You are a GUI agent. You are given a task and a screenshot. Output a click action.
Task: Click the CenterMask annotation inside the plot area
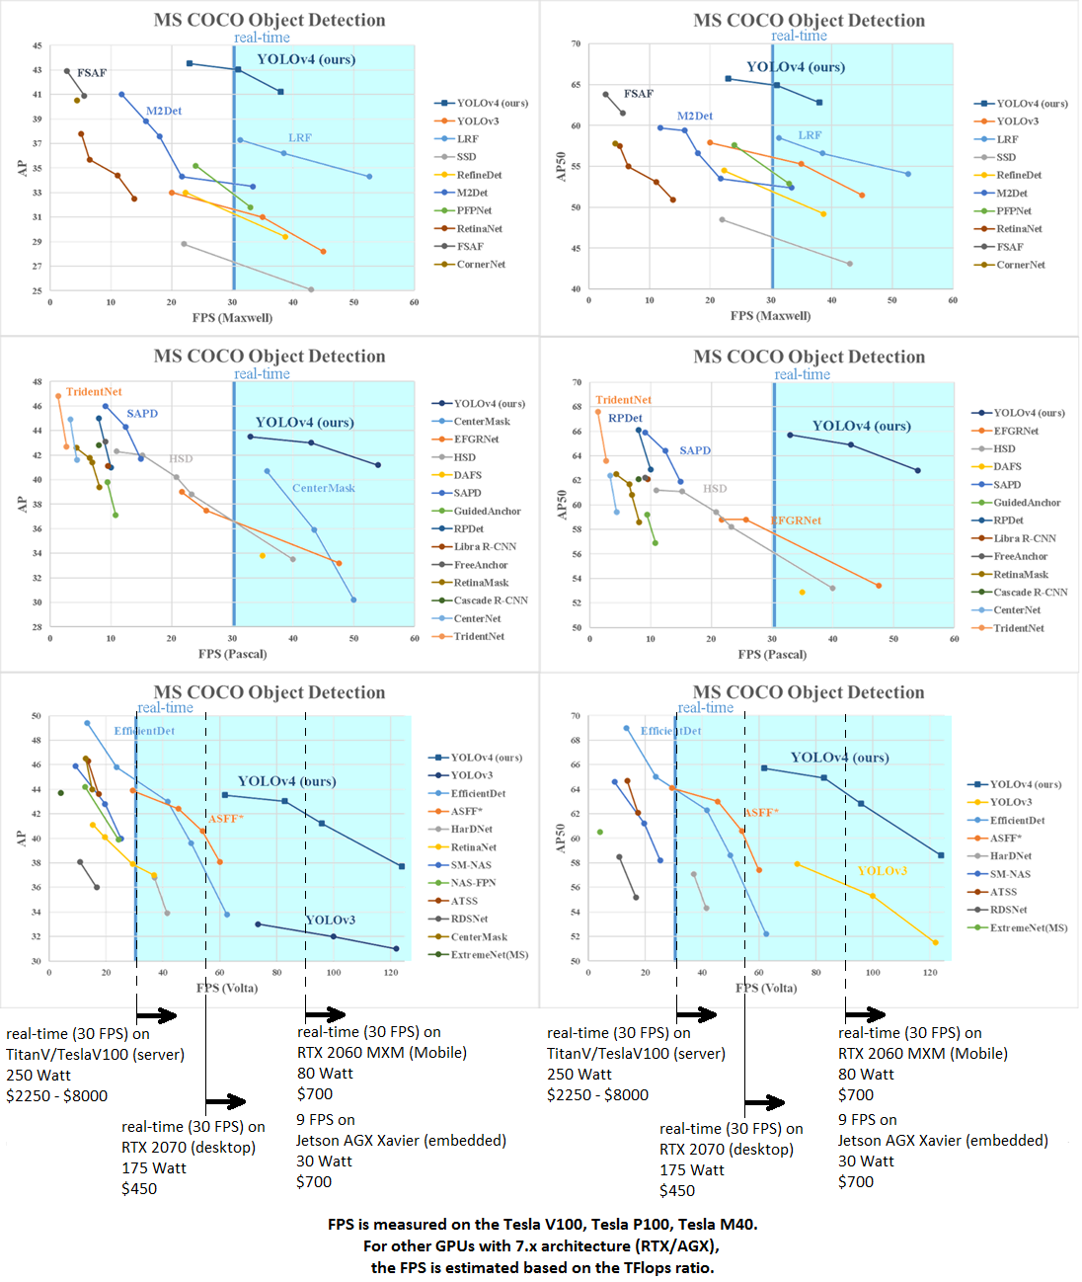coord(323,488)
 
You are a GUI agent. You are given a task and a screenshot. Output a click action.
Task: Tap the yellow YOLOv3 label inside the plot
coord(882,870)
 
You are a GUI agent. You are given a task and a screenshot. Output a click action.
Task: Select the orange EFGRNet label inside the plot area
coord(796,521)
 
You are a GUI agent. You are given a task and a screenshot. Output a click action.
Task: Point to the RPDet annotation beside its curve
coord(625,418)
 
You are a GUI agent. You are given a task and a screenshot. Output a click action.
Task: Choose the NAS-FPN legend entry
coord(473,883)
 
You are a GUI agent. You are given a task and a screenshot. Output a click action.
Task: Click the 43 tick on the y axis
coord(38,70)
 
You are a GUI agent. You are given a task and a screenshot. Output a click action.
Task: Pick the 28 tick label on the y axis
coord(38,626)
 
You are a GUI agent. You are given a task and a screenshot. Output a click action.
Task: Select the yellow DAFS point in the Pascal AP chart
coord(262,556)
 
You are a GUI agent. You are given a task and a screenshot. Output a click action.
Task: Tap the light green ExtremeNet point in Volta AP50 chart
coord(600,833)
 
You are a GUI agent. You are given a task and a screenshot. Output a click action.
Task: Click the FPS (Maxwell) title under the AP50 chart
coord(770,316)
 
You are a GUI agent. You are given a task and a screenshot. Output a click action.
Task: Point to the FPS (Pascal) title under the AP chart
coord(232,654)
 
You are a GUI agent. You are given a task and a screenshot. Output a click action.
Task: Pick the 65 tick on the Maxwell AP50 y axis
coord(576,85)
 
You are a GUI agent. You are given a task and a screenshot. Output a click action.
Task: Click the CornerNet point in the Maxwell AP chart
coord(76,100)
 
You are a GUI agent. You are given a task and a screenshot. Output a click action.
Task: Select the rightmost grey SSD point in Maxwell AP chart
coord(311,289)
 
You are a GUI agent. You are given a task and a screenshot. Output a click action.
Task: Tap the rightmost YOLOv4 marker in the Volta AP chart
coord(402,866)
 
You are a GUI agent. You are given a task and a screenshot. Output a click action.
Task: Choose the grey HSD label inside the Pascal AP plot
coord(181,458)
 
